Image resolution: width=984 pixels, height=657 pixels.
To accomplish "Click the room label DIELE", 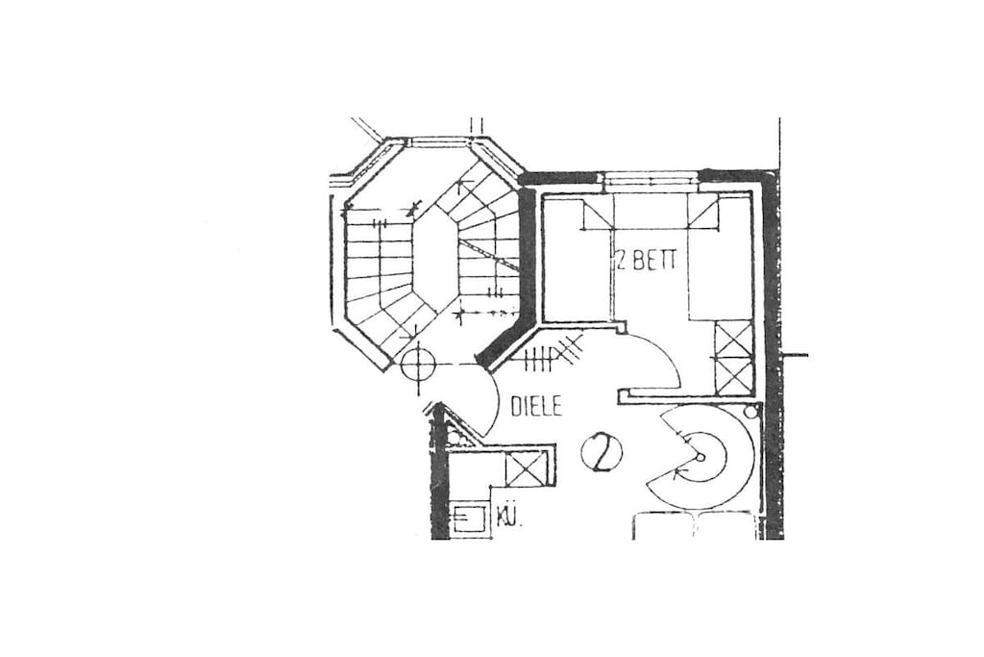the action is pyautogui.click(x=536, y=406).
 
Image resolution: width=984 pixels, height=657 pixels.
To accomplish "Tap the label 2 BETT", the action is pyautogui.click(x=647, y=260).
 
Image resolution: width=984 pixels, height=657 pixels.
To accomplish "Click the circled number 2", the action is pyautogui.click(x=602, y=452).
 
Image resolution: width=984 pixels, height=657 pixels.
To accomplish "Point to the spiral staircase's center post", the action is pyautogui.click(x=701, y=457).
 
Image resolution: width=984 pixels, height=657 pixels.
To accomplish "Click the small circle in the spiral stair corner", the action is pyautogui.click(x=750, y=412).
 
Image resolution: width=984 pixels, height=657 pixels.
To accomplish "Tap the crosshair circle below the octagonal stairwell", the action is pyautogui.click(x=417, y=365).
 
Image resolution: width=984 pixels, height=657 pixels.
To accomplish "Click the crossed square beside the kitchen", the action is pyautogui.click(x=525, y=469).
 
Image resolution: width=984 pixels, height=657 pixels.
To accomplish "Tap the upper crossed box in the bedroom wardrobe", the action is pyautogui.click(x=733, y=340).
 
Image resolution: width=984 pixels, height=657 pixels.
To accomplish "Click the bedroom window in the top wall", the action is pyautogui.click(x=650, y=181).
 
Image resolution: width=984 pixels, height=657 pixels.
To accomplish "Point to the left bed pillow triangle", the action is pyautogui.click(x=598, y=215).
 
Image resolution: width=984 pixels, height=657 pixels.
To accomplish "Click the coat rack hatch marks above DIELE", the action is pyautogui.click(x=553, y=356).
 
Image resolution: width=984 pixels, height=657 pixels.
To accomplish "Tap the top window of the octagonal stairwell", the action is pyautogui.click(x=440, y=143).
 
